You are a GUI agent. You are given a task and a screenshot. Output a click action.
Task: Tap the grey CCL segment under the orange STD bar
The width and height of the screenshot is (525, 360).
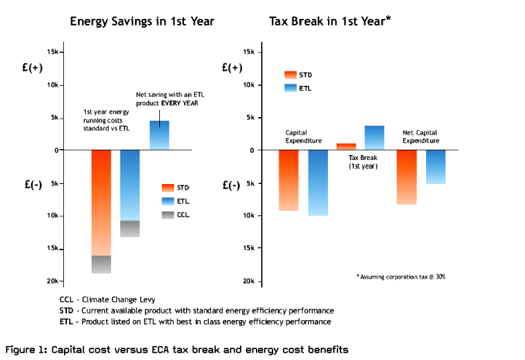tap(101, 264)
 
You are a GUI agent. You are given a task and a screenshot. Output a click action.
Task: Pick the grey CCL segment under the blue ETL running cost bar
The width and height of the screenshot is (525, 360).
tap(129, 228)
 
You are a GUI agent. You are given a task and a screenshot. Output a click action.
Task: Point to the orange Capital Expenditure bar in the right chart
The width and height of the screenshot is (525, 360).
tap(289, 180)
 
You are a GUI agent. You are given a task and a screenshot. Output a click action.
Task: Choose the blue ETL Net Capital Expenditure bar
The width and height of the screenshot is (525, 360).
tap(436, 167)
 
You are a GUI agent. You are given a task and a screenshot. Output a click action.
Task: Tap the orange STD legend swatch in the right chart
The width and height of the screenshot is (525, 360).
tap(291, 74)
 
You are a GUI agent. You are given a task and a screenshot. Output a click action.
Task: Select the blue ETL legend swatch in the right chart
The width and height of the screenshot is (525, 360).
tap(291, 88)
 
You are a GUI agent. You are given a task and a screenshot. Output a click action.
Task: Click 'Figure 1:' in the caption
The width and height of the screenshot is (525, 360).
tap(29, 349)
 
